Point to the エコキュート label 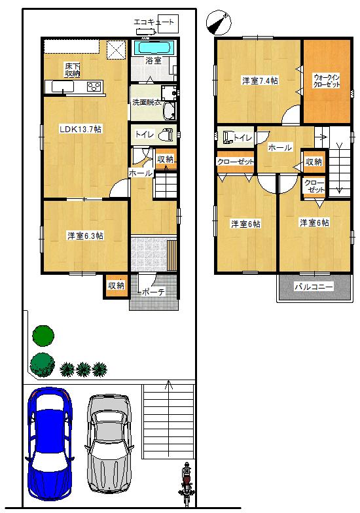(x=154, y=23)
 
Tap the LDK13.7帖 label (x=80, y=129)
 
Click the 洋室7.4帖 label (x=260, y=80)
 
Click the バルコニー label (x=313, y=287)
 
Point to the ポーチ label (x=153, y=292)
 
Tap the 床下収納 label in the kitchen (x=72, y=69)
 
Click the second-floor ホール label (x=279, y=148)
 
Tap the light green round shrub (x=41, y=364)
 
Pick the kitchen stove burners (x=94, y=86)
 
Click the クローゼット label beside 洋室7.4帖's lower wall (x=235, y=162)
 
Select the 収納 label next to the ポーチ (x=117, y=285)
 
